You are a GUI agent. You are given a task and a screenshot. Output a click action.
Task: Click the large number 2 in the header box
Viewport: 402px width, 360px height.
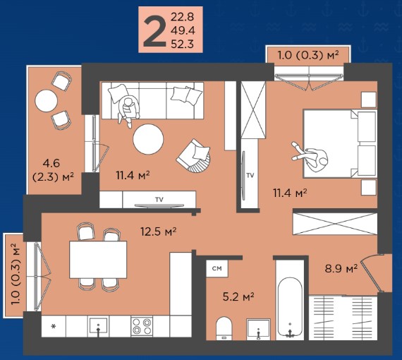click(154, 31)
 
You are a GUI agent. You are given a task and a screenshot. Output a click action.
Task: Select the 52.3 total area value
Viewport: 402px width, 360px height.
click(182, 44)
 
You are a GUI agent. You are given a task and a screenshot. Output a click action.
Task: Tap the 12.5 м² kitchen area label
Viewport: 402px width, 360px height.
click(159, 232)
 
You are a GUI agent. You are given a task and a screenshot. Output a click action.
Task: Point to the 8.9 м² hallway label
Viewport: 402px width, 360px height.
click(341, 269)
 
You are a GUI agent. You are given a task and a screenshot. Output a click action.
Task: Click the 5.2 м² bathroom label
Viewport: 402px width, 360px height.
click(238, 297)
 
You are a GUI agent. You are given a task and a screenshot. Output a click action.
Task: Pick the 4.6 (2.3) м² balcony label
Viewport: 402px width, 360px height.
click(54, 170)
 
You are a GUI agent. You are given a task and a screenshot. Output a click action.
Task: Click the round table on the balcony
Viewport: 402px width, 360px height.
click(46, 100)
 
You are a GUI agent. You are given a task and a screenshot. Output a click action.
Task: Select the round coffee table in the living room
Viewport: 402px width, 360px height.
click(148, 139)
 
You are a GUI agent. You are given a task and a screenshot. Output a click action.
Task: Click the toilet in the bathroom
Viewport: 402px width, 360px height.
click(224, 328)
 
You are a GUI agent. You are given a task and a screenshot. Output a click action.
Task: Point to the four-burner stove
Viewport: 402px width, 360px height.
click(142, 326)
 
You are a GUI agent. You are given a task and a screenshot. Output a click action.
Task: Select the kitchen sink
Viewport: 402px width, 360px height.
click(98, 326)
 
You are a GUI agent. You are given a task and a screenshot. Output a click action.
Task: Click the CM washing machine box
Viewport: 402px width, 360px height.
click(217, 268)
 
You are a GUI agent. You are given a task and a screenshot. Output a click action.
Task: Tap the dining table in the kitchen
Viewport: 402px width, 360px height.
click(98, 260)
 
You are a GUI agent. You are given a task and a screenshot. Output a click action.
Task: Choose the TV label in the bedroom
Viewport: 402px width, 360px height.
click(250, 175)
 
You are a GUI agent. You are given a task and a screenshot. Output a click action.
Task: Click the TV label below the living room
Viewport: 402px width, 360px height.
click(159, 199)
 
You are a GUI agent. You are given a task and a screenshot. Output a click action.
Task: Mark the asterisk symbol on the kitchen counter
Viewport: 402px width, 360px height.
click(54, 327)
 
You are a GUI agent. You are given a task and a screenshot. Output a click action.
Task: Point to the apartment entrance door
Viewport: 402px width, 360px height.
click(371, 273)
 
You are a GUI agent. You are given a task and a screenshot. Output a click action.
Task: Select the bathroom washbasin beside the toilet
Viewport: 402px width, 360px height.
click(258, 329)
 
